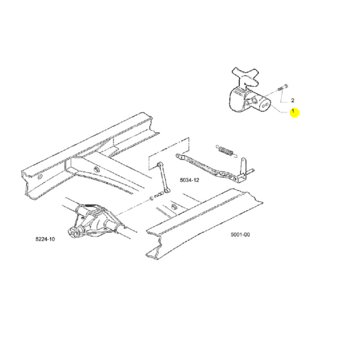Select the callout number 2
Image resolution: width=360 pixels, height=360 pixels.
click(292, 100)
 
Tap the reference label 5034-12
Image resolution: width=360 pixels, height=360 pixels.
click(189, 180)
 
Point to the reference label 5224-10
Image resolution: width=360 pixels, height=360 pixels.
click(45, 239)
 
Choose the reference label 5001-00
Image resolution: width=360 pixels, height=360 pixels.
click(240, 234)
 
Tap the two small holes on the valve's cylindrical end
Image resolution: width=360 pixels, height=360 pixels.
click(265, 105)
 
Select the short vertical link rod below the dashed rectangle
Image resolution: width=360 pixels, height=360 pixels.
click(163, 177)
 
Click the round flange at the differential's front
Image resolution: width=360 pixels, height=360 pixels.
click(73, 233)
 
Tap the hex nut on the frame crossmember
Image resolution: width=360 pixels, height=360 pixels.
click(96, 170)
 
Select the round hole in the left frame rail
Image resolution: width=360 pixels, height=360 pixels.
click(40, 177)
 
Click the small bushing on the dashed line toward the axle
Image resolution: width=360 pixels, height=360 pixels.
click(152, 198)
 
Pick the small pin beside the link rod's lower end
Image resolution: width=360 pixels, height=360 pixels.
click(158, 195)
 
